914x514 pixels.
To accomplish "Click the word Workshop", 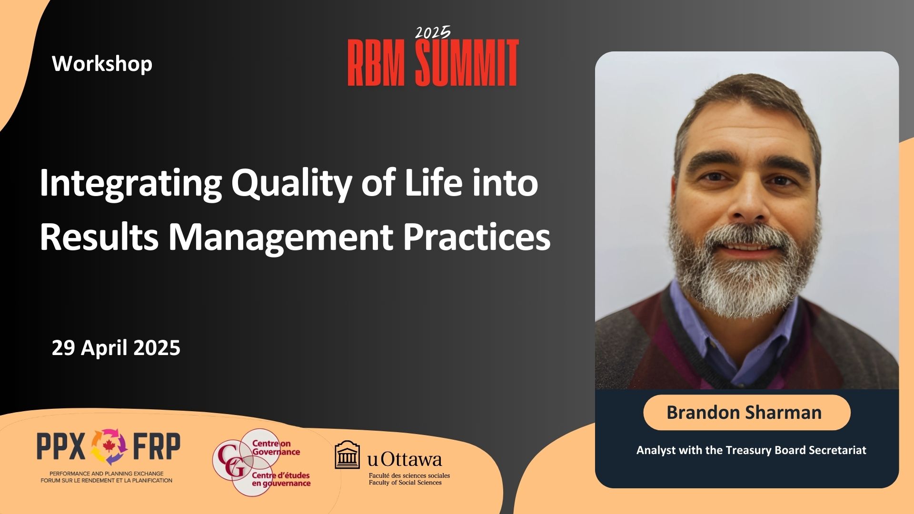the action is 102,64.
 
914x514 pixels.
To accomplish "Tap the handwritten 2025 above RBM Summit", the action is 432,32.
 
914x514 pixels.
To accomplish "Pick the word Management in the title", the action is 281,238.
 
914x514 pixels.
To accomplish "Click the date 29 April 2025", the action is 116,348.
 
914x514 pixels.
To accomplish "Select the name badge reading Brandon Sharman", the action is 746,412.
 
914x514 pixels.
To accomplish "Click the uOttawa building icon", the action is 348,455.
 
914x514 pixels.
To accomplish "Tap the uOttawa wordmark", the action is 405,459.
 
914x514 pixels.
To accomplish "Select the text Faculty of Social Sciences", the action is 405,483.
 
